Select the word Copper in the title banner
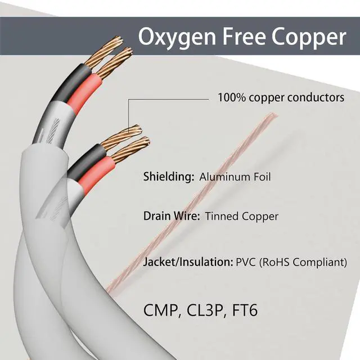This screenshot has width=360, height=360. [309, 38]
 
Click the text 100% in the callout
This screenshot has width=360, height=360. [230, 97]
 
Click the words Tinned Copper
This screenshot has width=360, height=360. [242, 216]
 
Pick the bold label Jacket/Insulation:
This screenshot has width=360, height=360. [188, 262]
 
